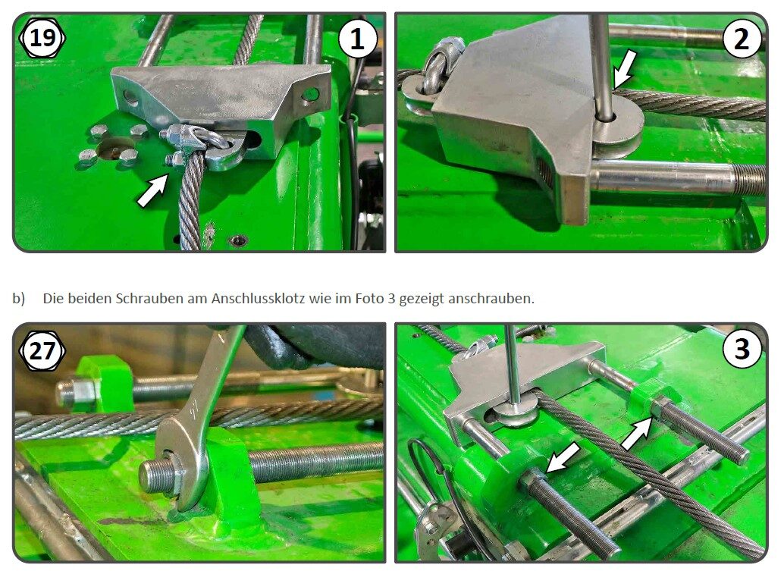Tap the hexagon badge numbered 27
[x=43, y=350]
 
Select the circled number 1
[x=357, y=39]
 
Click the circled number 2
[x=741, y=39]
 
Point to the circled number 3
[x=741, y=350]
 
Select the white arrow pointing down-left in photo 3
[x=563, y=457]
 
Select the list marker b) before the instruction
[x=19, y=298]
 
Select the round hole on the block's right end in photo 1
[x=309, y=96]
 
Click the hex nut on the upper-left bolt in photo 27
[x=68, y=391]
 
